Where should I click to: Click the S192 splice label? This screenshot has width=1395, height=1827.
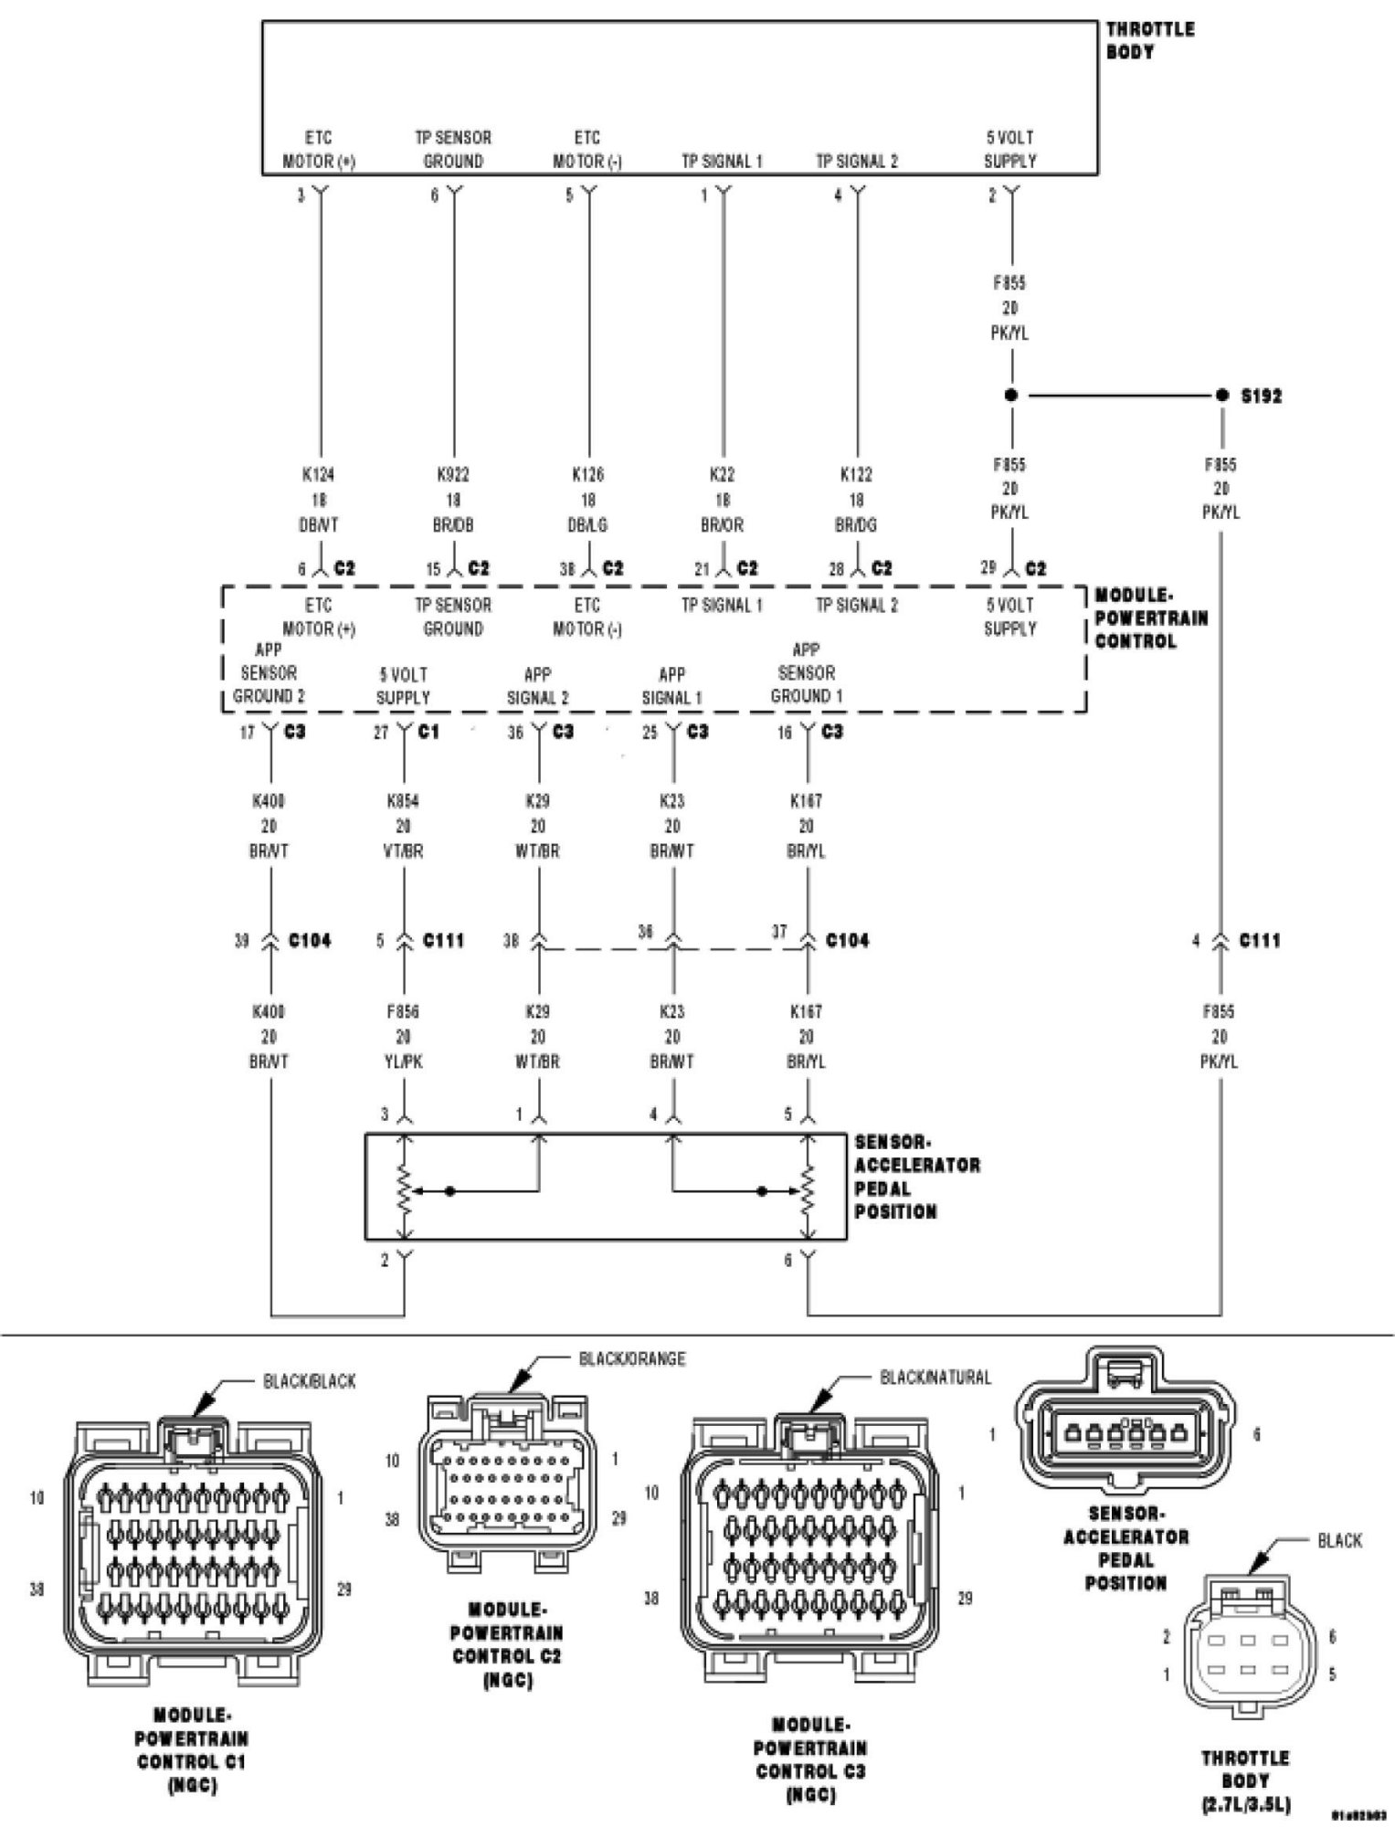click(1261, 396)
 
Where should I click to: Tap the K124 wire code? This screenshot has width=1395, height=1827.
click(319, 475)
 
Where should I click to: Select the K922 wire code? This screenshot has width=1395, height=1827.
click(453, 475)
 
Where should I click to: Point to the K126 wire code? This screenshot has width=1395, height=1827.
click(587, 475)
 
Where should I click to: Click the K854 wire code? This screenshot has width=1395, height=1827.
click(403, 801)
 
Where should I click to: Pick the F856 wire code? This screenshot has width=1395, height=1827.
click(403, 1012)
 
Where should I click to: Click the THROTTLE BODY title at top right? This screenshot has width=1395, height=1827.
click(1149, 40)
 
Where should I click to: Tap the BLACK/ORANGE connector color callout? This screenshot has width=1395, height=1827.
click(632, 1358)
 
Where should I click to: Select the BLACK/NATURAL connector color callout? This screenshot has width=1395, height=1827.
click(935, 1377)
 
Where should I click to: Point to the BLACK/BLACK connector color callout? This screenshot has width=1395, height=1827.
click(310, 1381)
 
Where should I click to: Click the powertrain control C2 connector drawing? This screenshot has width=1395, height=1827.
click(505, 1503)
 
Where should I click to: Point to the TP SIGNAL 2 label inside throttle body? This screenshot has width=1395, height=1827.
click(856, 162)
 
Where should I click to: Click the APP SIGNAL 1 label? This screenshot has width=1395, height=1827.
click(671, 686)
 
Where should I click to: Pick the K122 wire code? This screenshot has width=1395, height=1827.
click(856, 475)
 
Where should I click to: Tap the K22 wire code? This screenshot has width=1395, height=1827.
click(722, 475)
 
